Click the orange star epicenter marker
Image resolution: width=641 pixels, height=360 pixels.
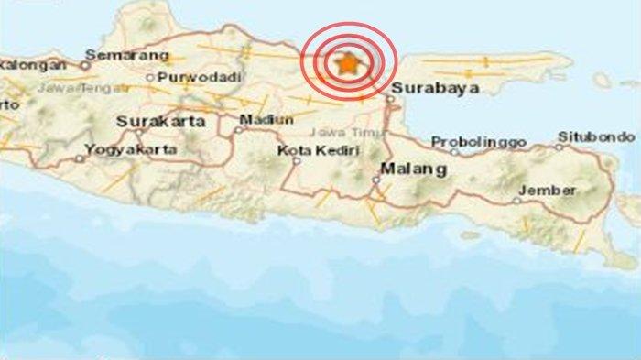[x=347, y=63]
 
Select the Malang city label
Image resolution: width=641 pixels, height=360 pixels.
[x=401, y=169]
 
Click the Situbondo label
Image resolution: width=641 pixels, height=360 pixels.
[x=596, y=136]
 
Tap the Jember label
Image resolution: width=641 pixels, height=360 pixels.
[x=547, y=190]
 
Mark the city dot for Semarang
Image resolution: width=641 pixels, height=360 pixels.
[x=85, y=65]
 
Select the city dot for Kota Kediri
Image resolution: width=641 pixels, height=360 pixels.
[x=297, y=160]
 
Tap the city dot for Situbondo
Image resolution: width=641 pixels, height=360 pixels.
[x=560, y=146]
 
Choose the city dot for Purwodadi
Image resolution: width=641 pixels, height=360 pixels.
[x=150, y=78]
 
